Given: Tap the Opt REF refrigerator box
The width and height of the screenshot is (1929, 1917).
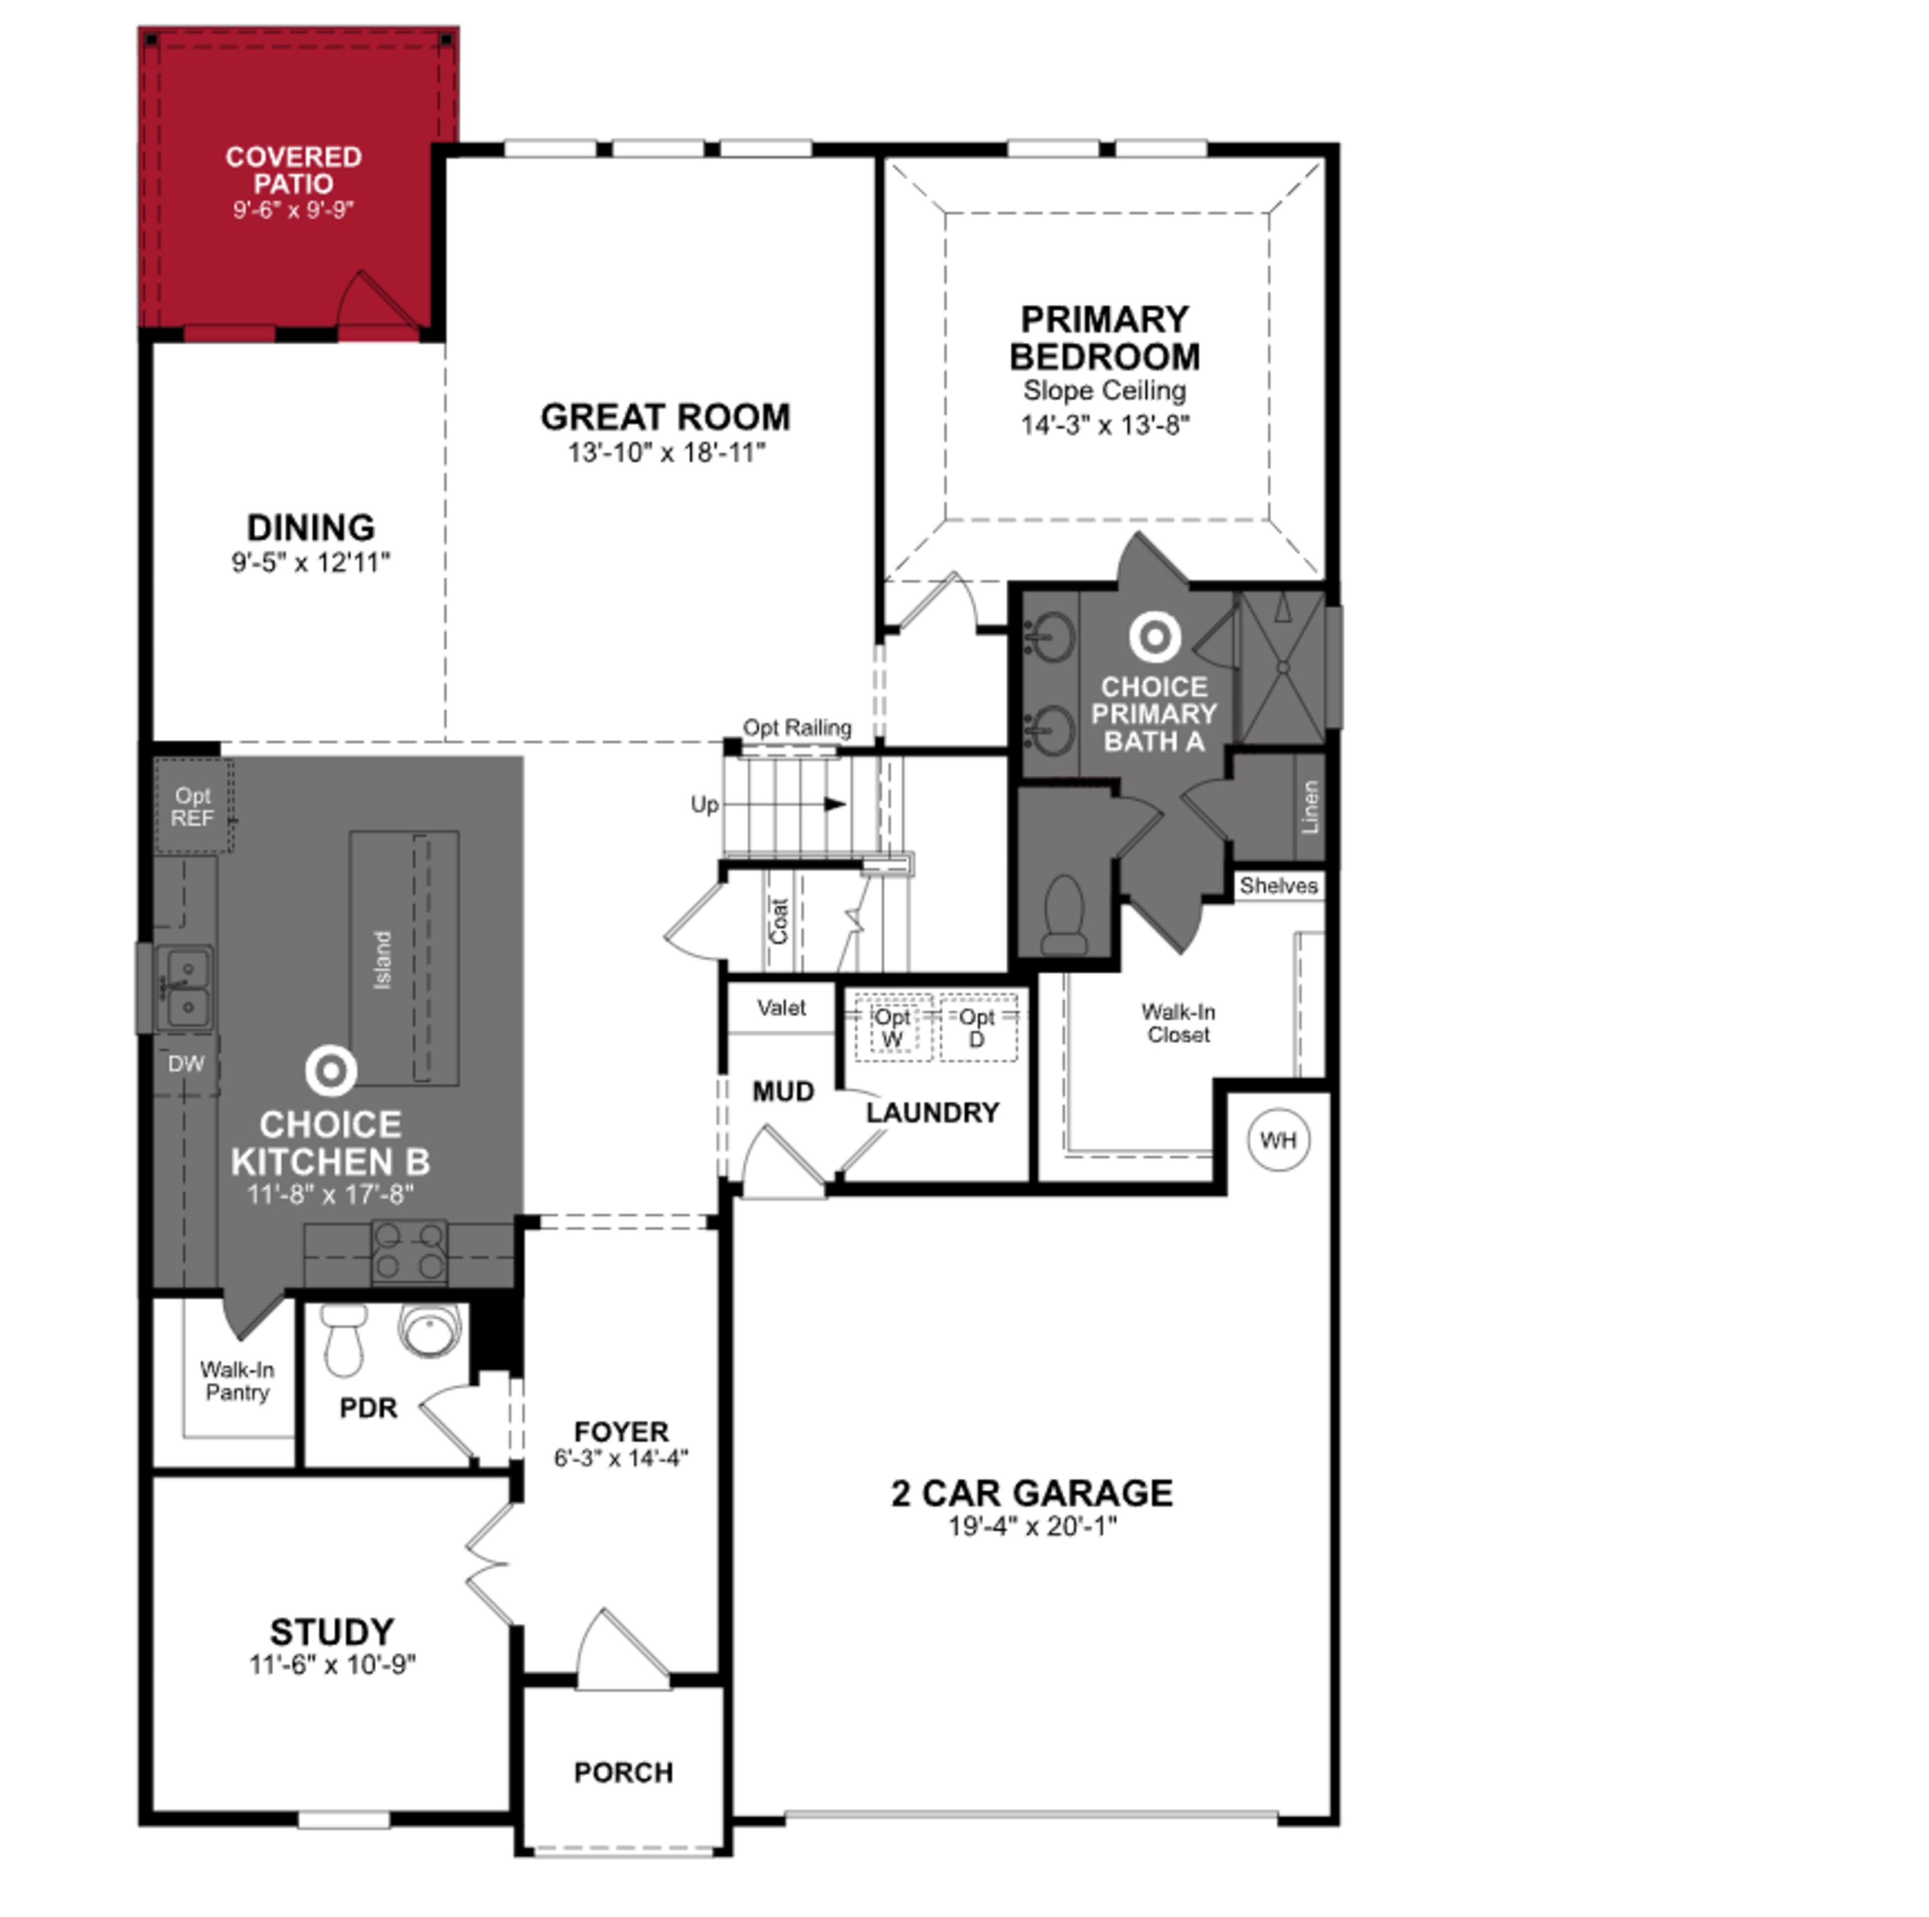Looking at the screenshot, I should click(193, 807).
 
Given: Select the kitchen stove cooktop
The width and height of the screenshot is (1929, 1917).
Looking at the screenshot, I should click(409, 1251).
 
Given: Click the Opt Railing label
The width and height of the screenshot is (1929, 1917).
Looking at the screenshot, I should click(797, 728).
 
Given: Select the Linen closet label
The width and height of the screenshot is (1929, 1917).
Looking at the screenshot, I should click(1310, 807).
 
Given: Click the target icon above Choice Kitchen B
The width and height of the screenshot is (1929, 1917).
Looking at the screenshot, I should click(331, 1070).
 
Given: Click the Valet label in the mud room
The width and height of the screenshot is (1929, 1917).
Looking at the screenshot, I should click(781, 1007).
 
